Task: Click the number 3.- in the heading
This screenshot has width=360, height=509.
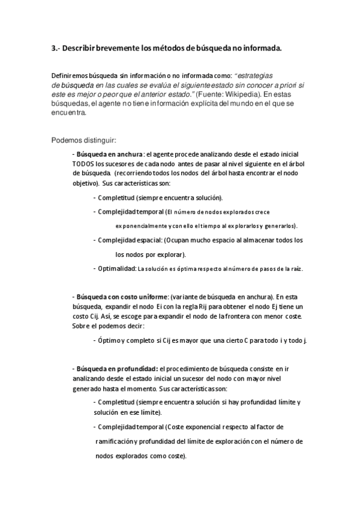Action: pyautogui.click(x=56, y=48)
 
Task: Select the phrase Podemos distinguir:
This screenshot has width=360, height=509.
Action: pyautogui.click(x=80, y=141)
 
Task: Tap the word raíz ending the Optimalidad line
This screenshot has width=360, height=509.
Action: pyautogui.click(x=296, y=269)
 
